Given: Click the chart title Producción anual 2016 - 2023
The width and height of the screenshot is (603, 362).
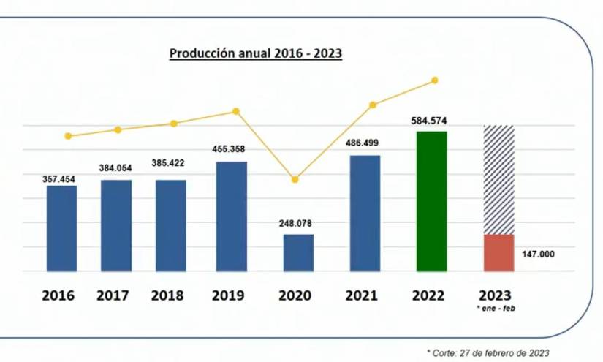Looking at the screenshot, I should [256, 53].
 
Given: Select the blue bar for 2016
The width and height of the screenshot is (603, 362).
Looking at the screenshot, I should [61, 228].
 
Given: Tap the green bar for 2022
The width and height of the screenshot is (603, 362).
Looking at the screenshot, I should [431, 201].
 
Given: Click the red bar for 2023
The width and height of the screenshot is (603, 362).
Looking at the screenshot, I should [499, 253].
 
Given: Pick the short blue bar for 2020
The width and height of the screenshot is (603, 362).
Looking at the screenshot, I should [298, 252].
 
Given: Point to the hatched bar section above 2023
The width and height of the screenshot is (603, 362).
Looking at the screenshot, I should [499, 179].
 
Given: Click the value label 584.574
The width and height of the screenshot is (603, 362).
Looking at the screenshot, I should [432, 121].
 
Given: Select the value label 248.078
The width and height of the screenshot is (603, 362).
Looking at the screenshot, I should [299, 223].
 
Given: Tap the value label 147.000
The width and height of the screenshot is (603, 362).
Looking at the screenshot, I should [539, 254].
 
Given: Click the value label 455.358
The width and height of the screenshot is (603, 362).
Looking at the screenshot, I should [228, 149].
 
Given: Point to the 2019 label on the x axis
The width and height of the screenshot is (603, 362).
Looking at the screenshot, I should [228, 295].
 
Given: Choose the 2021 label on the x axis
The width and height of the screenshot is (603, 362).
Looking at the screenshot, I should [364, 295].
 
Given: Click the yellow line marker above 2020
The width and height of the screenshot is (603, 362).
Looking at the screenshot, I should [295, 179].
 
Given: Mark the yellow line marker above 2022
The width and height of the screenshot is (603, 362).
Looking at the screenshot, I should [435, 80].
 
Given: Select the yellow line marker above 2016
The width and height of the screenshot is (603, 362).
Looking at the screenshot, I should [68, 136].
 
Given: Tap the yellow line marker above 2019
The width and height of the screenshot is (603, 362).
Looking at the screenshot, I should [236, 111].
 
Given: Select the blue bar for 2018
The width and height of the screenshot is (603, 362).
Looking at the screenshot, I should [170, 225].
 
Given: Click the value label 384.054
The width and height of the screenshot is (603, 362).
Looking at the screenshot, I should [115, 168].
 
